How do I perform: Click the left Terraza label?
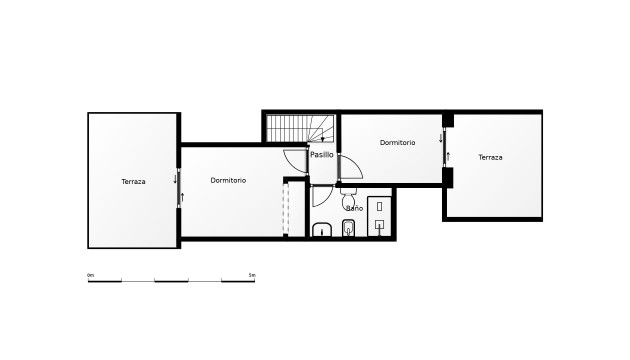point(133,181)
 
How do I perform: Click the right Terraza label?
point(490,157)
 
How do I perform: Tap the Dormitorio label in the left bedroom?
point(228,180)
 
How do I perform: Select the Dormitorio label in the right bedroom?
point(397,143)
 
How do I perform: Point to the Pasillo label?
point(322,155)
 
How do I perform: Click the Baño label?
point(354,208)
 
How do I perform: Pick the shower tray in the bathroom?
point(381,214)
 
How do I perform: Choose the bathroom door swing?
point(322,195)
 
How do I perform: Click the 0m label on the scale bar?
point(90,274)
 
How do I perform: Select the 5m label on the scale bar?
point(251,274)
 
